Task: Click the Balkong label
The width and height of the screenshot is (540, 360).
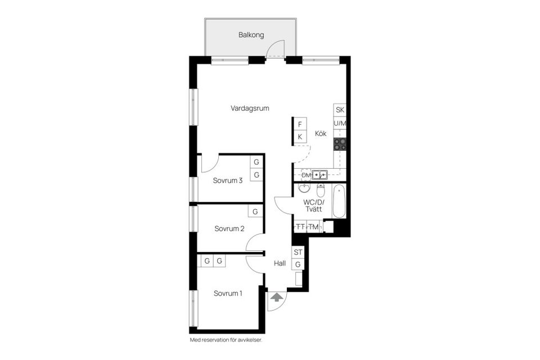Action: click(251, 35)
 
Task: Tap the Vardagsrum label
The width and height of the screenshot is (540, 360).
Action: click(249, 108)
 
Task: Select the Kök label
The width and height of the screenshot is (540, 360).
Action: click(321, 134)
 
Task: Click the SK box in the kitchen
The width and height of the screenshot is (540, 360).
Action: click(340, 110)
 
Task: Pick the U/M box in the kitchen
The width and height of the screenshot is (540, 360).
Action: click(340, 123)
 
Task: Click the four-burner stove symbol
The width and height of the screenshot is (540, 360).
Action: click(340, 144)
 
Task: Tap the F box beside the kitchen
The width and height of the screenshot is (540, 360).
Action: click(300, 124)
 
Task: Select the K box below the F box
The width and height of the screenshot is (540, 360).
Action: click(300, 137)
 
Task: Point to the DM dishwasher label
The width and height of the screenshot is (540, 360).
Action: click(306, 175)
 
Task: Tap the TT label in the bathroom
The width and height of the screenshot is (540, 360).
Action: click(300, 227)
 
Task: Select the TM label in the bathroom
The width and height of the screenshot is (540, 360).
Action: click(313, 227)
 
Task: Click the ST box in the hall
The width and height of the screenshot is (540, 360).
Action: click(298, 252)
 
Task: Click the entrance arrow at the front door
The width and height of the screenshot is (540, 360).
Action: click(277, 298)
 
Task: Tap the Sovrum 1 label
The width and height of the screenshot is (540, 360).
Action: click(228, 293)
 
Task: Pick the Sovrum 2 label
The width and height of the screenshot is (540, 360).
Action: click(229, 228)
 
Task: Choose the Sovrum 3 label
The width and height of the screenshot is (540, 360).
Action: click(228, 181)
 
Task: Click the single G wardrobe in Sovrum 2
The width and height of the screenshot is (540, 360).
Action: click(255, 212)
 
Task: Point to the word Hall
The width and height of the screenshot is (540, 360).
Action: click(280, 263)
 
